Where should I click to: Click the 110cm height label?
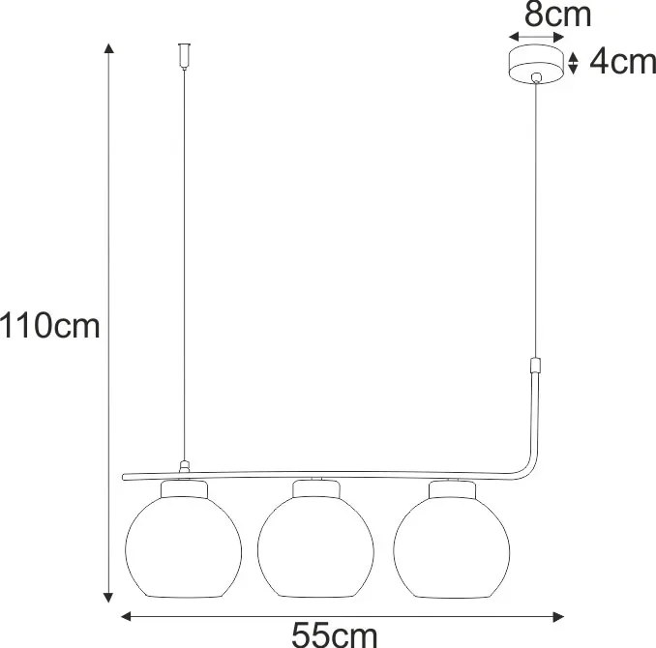(x=50, y=326)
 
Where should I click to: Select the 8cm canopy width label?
(x=557, y=15)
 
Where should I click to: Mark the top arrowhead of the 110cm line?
(x=108, y=48)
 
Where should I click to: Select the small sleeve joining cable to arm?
(x=534, y=369)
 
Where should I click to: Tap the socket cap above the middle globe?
(x=317, y=486)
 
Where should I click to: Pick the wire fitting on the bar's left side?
(x=184, y=467)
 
